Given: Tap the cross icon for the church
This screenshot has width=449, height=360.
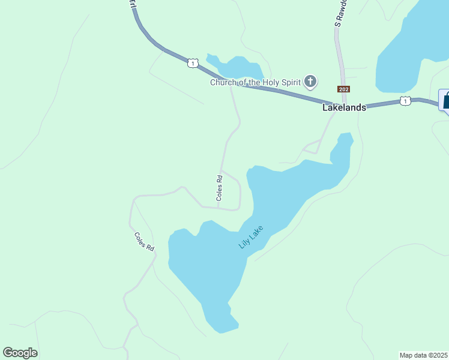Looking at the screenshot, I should [310, 81].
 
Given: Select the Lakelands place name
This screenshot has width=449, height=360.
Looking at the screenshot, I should [344, 108].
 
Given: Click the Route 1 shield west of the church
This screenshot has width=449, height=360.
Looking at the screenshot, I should [192, 63].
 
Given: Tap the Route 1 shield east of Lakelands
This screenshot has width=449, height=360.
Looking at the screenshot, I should [406, 101].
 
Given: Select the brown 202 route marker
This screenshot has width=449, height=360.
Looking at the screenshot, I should [343, 89].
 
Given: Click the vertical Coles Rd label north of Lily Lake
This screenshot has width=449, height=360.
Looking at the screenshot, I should [220, 187].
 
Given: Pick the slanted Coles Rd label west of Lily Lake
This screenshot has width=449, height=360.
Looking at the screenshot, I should [144, 241].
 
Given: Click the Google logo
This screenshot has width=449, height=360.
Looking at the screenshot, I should [20, 353].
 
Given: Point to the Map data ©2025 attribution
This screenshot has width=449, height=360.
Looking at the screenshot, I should [423, 355].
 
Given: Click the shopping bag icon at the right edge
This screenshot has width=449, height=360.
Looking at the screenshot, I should [446, 100].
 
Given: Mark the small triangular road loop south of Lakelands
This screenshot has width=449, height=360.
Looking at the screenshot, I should [313, 146].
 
